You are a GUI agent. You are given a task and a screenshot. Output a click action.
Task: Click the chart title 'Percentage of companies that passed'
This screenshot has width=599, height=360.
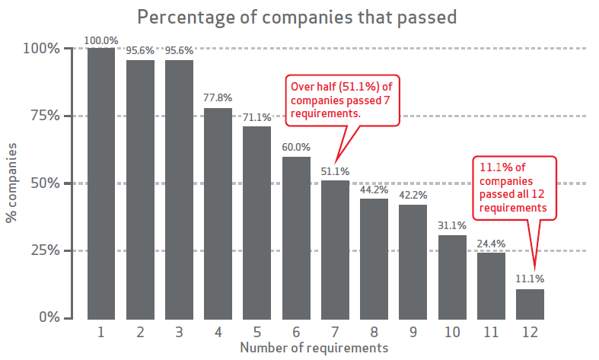click(296, 16)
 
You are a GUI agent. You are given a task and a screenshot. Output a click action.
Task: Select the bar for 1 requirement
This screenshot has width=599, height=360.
click(101, 183)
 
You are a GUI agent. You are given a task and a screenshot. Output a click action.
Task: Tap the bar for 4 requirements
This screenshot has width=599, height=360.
click(218, 213)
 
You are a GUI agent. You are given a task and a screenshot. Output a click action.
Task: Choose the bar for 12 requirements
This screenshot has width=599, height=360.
click(530, 304)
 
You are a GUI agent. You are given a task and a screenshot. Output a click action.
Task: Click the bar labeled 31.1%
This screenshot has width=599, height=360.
click(451, 276)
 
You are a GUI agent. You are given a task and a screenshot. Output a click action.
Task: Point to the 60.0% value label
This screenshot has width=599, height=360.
click(295, 148)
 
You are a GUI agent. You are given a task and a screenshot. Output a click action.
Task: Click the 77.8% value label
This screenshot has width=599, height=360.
click(218, 99)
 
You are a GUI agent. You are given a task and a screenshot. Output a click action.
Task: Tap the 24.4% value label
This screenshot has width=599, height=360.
click(491, 244)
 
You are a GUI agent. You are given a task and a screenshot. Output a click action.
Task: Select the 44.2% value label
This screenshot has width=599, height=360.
click(374, 190)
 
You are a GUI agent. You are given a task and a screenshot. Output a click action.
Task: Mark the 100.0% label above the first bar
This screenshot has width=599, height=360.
click(101, 40)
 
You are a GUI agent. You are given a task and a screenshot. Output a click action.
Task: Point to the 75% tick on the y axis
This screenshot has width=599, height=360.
click(43, 116)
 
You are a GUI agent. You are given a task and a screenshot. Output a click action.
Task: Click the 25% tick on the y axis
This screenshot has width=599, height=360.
click(43, 250)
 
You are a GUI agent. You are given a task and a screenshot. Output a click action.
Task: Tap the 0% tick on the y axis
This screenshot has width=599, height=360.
click(47, 317)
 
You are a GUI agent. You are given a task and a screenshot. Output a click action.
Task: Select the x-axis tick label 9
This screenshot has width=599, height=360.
click(413, 333)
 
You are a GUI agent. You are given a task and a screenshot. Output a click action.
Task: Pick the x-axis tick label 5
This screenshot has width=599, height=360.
click(256, 333)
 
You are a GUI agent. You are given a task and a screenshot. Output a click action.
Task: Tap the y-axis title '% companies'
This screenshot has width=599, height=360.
click(13, 183)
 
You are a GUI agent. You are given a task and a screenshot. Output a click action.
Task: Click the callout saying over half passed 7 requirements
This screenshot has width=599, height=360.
click(343, 99)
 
